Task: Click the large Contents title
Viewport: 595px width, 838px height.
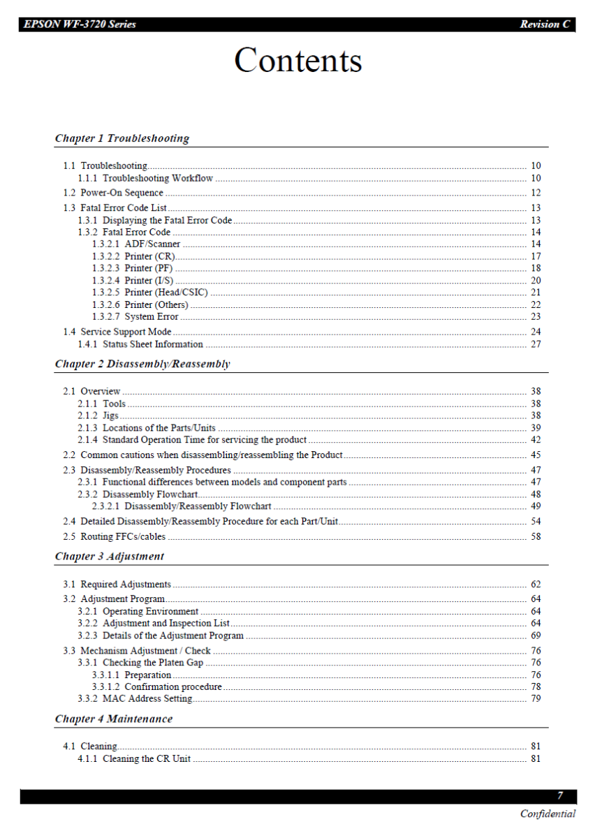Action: [x=298, y=60]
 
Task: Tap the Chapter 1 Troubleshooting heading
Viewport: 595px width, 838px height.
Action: [x=122, y=138]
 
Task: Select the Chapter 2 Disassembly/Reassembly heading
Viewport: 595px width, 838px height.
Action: [x=142, y=364]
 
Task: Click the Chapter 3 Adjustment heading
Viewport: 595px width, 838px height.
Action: [x=110, y=557]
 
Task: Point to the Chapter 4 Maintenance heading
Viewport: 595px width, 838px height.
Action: [x=114, y=719]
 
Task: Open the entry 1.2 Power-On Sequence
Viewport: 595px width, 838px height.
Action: [x=113, y=193]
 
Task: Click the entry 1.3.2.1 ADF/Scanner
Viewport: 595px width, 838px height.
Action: [x=136, y=244]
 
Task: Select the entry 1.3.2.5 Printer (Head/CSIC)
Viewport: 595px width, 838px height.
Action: [x=150, y=293]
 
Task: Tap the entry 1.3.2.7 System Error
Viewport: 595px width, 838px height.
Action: [x=135, y=317]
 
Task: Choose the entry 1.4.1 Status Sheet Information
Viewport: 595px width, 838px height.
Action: [x=140, y=344]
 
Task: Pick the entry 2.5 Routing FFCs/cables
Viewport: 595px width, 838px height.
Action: [x=115, y=537]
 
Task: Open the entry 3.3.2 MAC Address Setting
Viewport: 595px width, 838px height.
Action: [x=135, y=699]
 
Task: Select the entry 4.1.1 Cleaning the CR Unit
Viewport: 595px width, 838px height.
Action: [x=134, y=759]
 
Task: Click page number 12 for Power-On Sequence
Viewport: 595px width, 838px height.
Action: [x=536, y=193]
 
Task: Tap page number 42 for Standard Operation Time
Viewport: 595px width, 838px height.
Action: [x=536, y=440]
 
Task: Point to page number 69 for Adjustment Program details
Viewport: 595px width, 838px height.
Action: [x=536, y=636]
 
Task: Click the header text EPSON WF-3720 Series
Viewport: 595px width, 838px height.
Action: [x=80, y=24]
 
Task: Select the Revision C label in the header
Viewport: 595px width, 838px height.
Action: [x=545, y=24]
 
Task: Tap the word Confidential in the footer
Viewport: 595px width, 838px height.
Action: [x=548, y=814]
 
